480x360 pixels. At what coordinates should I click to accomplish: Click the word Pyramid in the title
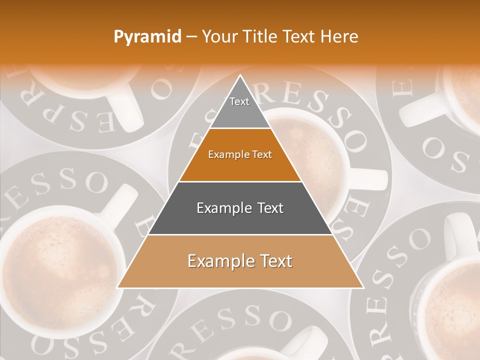147,37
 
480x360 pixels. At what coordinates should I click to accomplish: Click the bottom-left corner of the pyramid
118,287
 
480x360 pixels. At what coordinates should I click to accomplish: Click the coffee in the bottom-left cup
55,270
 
